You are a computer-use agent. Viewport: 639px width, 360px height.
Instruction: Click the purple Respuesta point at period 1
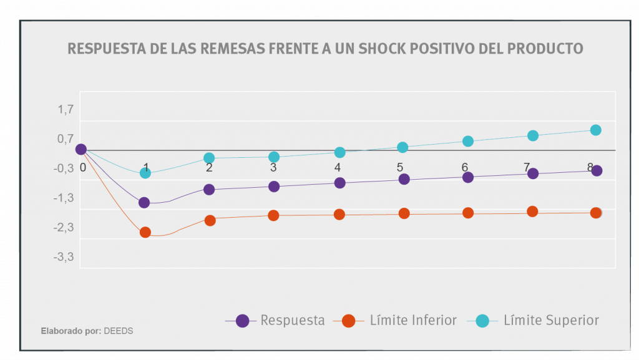tap(144, 202)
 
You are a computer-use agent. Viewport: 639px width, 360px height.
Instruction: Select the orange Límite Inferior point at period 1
tap(145, 232)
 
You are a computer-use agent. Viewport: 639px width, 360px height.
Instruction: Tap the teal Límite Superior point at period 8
tap(595, 130)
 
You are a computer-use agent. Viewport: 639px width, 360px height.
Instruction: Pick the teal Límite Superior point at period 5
tap(402, 147)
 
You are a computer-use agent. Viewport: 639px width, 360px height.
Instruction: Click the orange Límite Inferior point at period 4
tap(339, 214)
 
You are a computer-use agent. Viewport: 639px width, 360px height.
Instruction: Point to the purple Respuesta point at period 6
tap(467, 177)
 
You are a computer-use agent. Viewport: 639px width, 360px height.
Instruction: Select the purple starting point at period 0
tap(80, 149)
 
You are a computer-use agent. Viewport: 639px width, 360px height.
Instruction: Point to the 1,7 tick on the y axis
tap(66, 110)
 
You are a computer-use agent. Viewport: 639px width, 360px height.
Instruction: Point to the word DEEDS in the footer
tap(119, 331)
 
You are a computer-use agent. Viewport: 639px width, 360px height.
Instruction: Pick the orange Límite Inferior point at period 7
tap(532, 212)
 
